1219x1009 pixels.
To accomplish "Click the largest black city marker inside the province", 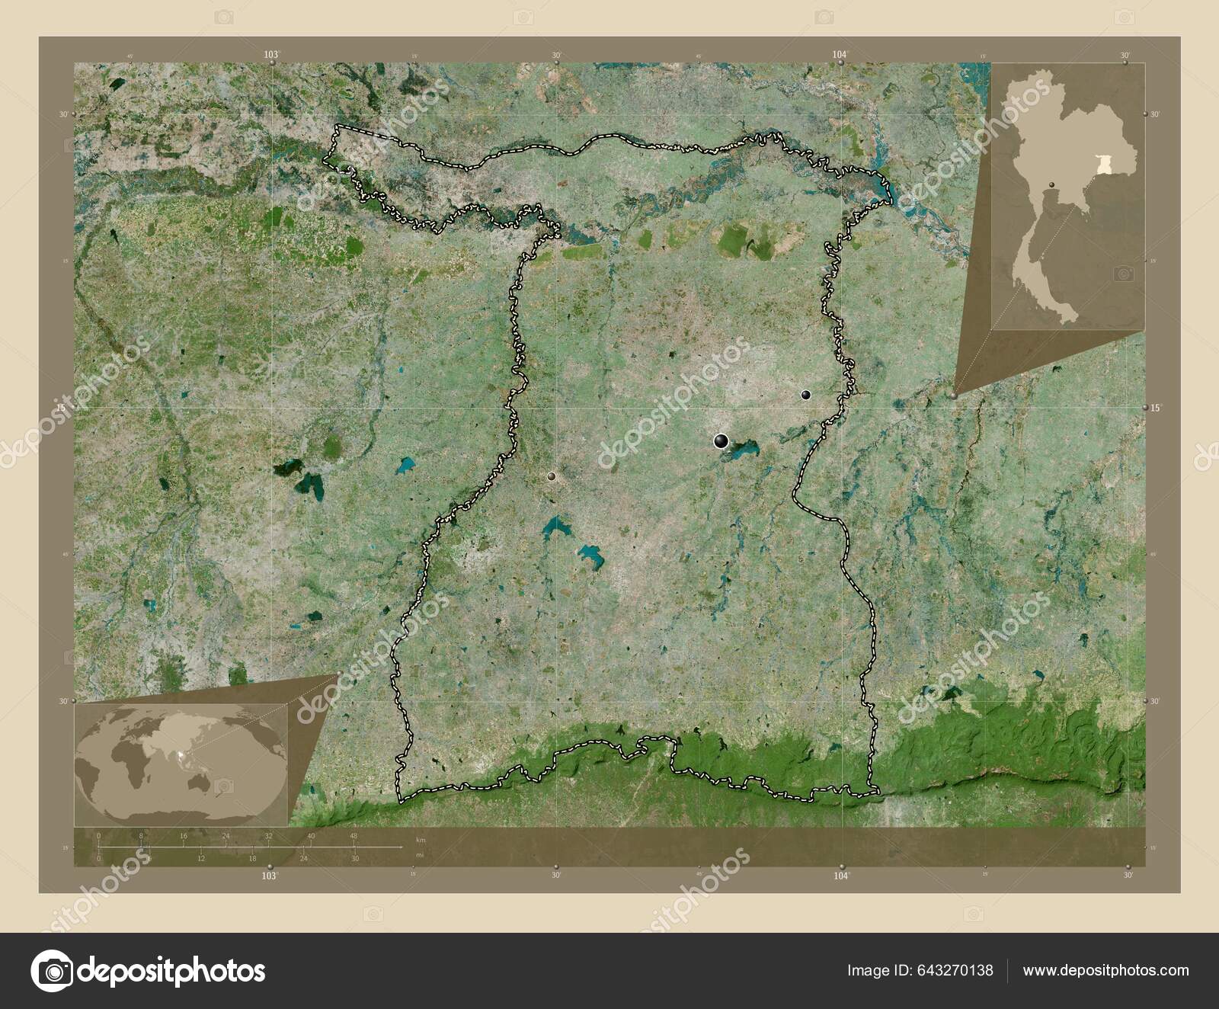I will pos(721,440).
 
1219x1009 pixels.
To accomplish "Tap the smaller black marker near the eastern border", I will pos(806,395).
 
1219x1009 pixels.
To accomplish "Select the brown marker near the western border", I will pos(552,476).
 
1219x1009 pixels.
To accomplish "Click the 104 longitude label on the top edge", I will pos(840,54).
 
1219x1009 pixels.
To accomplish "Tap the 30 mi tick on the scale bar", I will pos(355,858).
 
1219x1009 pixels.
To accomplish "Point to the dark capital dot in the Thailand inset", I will pos(1052,206).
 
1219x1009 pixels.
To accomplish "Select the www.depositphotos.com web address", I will pos(1105,971).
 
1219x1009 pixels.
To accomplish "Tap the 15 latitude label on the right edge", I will pos(1156,408).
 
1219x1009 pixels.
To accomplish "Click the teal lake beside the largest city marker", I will pos(742,450).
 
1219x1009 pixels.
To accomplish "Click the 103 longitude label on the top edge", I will pos(270,54).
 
